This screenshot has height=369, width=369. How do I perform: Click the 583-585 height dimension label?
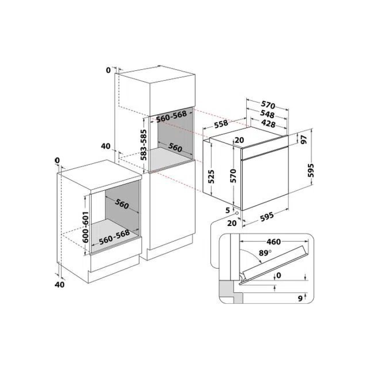(x=144, y=145)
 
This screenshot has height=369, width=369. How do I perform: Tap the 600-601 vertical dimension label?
(x=85, y=227)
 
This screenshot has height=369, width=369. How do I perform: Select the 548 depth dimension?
(x=267, y=114)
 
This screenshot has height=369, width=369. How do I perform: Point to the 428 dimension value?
(x=268, y=123)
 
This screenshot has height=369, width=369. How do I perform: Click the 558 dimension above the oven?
(x=221, y=124)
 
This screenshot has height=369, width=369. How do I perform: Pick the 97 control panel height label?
(x=304, y=140)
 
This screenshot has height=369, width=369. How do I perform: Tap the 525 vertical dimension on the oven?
(x=211, y=176)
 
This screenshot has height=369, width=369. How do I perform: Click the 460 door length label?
(x=274, y=242)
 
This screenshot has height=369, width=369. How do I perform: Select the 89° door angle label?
(x=265, y=253)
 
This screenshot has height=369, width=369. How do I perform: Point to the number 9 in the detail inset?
(x=300, y=299)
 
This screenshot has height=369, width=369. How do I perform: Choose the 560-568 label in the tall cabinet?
(x=172, y=116)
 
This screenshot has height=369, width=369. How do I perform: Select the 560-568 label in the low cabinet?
(x=114, y=237)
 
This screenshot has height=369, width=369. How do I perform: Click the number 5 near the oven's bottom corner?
(x=228, y=210)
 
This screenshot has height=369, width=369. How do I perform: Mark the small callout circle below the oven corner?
(x=237, y=213)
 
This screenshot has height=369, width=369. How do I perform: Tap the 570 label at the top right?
(x=268, y=105)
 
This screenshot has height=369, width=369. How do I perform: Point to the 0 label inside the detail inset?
(x=278, y=275)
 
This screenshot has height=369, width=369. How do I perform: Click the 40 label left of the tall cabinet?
(x=106, y=146)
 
